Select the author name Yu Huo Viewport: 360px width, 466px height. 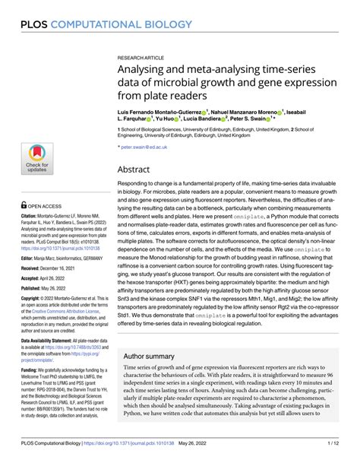tap(171, 118)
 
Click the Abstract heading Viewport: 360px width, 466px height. tap(134, 170)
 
